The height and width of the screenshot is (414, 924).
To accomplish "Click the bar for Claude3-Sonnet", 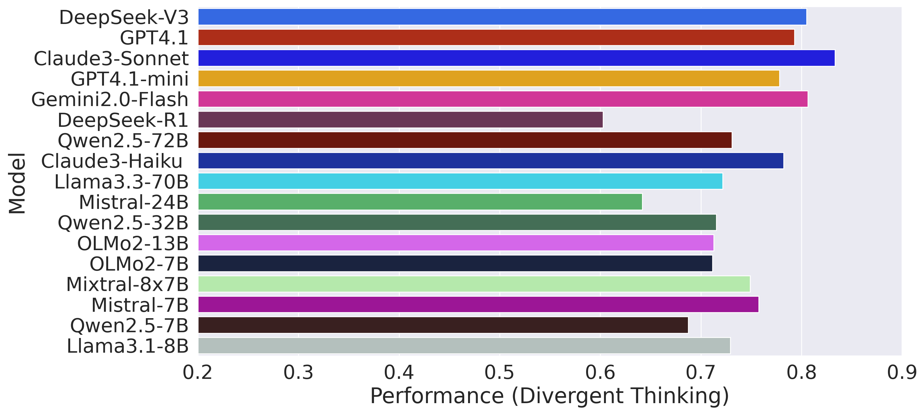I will (x=516, y=58).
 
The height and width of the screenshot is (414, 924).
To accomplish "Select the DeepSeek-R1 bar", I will (x=400, y=120).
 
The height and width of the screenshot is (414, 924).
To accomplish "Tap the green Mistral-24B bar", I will (x=420, y=202).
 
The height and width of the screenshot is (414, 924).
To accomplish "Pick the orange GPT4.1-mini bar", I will (x=488, y=79).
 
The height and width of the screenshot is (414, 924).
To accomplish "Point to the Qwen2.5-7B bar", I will (x=443, y=325).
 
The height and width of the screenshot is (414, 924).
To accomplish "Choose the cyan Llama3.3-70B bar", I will (x=460, y=181).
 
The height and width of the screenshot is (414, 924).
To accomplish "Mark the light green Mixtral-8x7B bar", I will (x=474, y=284).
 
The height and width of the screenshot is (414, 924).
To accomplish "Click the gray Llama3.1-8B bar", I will (x=464, y=346).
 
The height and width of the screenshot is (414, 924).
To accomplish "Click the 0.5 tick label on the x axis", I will (x=499, y=373).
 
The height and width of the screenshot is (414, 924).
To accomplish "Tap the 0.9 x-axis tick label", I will (x=901, y=373).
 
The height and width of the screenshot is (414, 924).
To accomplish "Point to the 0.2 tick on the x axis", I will (x=197, y=373).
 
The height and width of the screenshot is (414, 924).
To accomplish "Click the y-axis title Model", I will (x=17, y=183).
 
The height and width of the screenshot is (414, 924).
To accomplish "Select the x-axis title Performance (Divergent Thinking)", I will (x=549, y=396).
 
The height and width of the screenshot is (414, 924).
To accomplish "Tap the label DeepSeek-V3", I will (x=124, y=18).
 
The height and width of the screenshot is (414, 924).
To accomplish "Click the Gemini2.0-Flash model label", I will (x=110, y=99).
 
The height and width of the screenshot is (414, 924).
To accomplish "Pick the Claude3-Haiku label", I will (x=112, y=161).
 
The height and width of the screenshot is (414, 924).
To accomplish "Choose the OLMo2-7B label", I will (x=139, y=264).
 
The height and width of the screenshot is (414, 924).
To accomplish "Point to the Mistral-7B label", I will (x=140, y=305).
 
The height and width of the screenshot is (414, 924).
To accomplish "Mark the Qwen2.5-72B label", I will (x=123, y=140).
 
